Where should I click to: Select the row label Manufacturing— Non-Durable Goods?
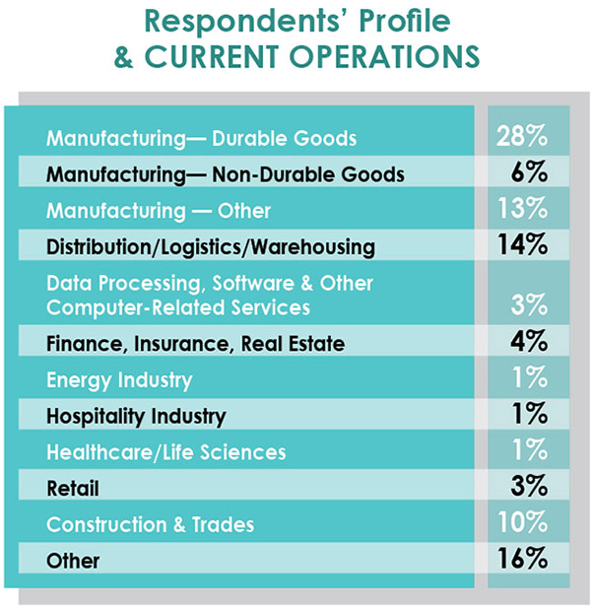[x=226, y=174]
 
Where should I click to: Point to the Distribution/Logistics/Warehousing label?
[x=211, y=245]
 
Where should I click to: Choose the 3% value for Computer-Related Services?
[x=528, y=306]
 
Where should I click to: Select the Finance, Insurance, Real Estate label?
[x=195, y=344]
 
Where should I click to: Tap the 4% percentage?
[x=528, y=344]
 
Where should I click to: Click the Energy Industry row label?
[x=119, y=380]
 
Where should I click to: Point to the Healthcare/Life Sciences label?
[x=166, y=452]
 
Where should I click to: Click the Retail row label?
[x=73, y=488]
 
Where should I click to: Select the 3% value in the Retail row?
[x=528, y=487]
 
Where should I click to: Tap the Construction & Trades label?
[x=150, y=524]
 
